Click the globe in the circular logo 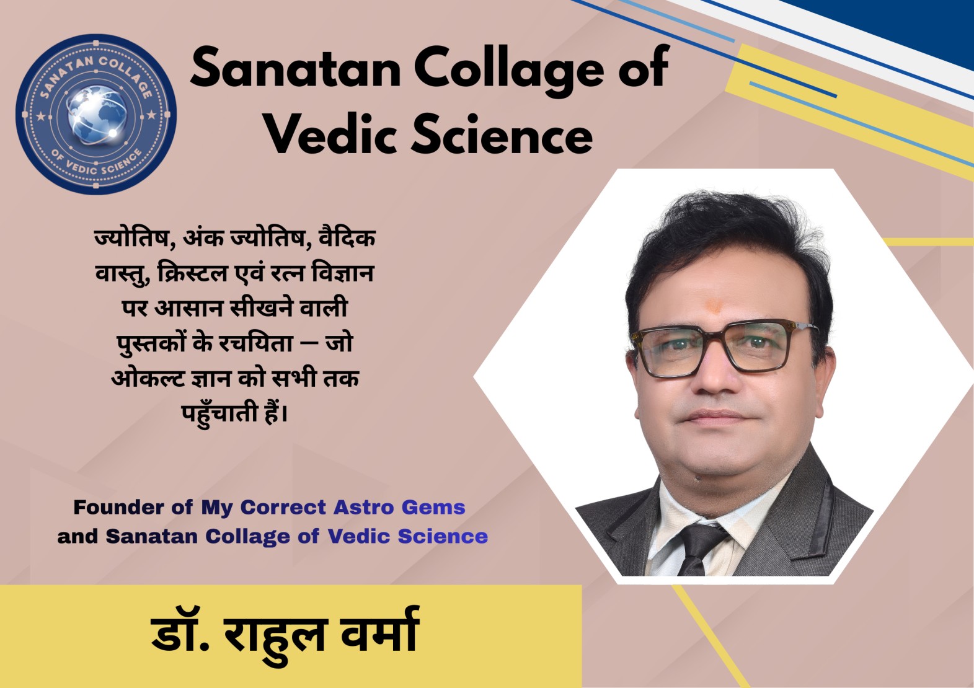[x=97, y=115]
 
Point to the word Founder [x=118, y=507]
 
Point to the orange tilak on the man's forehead [x=714, y=306]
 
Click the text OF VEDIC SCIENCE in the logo [x=97, y=164]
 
